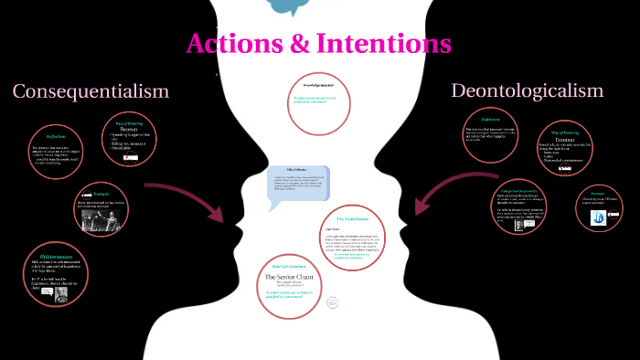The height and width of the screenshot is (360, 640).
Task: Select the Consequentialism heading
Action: pyautogui.click(x=91, y=90)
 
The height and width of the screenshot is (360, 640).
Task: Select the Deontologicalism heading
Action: pyautogui.click(x=528, y=90)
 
